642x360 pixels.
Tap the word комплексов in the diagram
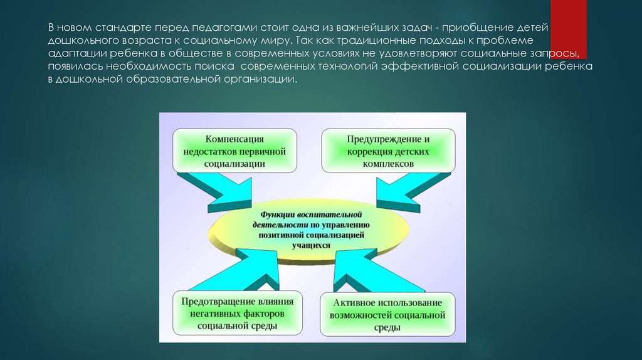click(x=388, y=162)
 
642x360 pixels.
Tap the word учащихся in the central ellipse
click(x=311, y=245)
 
